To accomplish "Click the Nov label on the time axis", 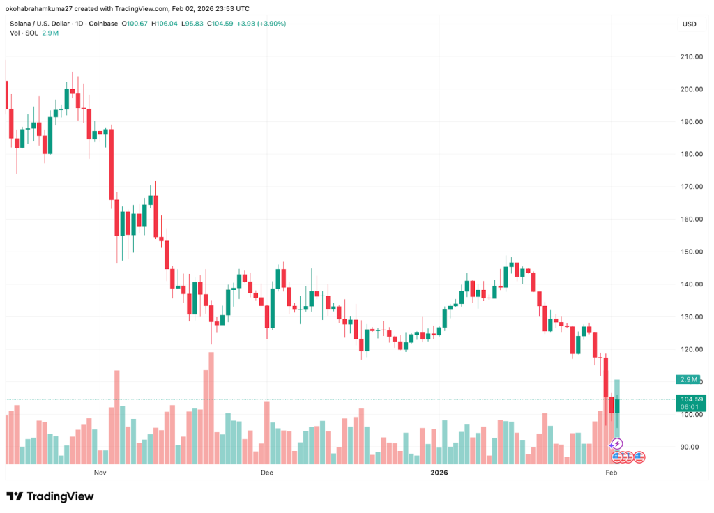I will tap(100, 473).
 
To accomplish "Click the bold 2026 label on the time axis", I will tap(439, 473).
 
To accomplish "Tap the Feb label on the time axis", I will tap(612, 473).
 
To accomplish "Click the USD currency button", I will tap(689, 24).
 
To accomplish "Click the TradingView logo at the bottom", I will tap(50, 496).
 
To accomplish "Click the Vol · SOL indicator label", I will tap(23, 33).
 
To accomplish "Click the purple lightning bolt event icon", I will tap(616, 444).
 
